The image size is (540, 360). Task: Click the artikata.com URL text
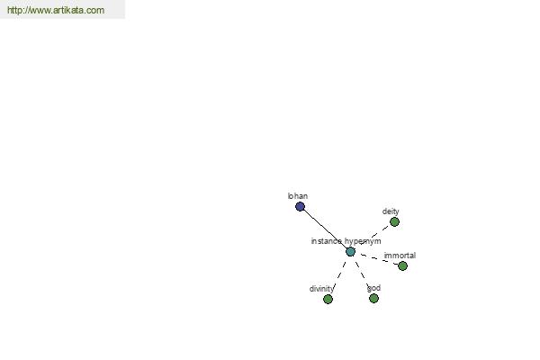click(56, 10)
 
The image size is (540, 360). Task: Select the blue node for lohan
click(300, 207)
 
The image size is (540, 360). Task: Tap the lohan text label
click(298, 196)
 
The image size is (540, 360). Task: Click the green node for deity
click(394, 222)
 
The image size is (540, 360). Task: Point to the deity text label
click(391, 211)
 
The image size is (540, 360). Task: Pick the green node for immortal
click(402, 266)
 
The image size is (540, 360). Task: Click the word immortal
click(400, 256)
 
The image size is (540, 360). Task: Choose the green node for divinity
click(328, 299)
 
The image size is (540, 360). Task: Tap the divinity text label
click(321, 289)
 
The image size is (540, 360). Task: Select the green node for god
click(373, 298)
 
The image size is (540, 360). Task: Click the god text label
click(374, 288)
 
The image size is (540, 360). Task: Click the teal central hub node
click(350, 252)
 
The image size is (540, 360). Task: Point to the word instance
click(327, 241)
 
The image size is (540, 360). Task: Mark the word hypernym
click(363, 241)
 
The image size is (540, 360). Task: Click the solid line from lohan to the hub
click(325, 229)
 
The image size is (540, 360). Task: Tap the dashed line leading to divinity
click(339, 275)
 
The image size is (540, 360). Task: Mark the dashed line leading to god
click(362, 274)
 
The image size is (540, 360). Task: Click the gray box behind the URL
click(62, 9)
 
